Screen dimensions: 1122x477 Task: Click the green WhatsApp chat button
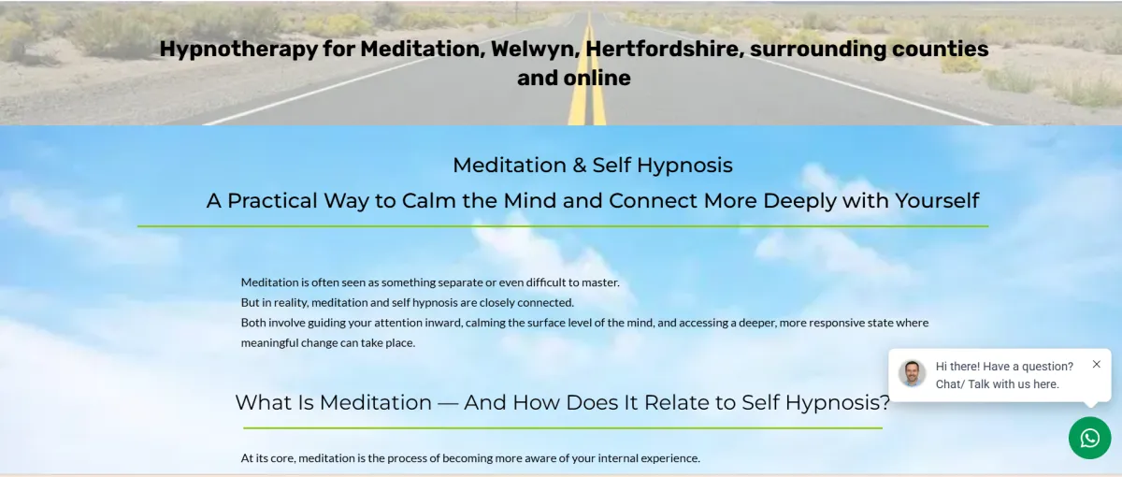click(1089, 438)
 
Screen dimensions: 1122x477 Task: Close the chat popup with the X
click(1097, 364)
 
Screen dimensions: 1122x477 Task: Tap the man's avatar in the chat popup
click(913, 373)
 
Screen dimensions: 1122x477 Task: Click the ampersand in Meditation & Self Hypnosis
click(580, 166)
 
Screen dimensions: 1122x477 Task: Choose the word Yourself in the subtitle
click(937, 201)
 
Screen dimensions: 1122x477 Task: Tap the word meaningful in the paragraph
click(269, 343)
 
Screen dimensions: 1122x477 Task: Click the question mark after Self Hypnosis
click(885, 402)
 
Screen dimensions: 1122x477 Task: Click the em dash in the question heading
click(448, 403)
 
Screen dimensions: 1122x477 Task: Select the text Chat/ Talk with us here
click(998, 384)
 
